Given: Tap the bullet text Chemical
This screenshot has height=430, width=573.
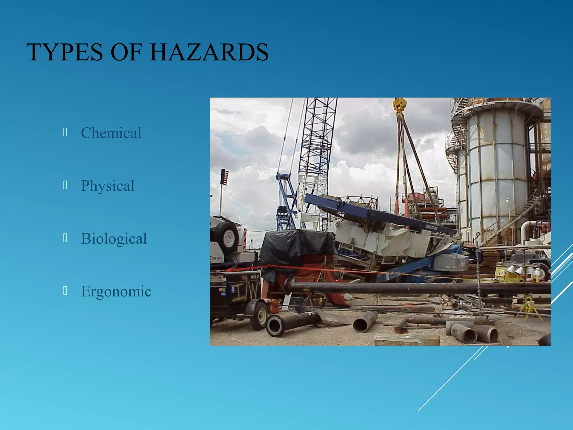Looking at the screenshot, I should coord(111,133).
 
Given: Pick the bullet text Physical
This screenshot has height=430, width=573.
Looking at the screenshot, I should coord(108,186).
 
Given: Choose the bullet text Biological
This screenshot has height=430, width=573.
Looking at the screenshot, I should coord(114,239).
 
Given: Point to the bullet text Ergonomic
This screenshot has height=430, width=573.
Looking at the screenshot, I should coord(116,291).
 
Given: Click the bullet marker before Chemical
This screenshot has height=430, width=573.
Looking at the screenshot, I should coord(65,132).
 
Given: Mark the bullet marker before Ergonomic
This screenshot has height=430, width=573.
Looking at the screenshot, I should coord(65,291).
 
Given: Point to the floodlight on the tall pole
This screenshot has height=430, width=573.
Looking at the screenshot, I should coord(224,177).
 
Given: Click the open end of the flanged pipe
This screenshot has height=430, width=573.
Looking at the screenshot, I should coord(275,326).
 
